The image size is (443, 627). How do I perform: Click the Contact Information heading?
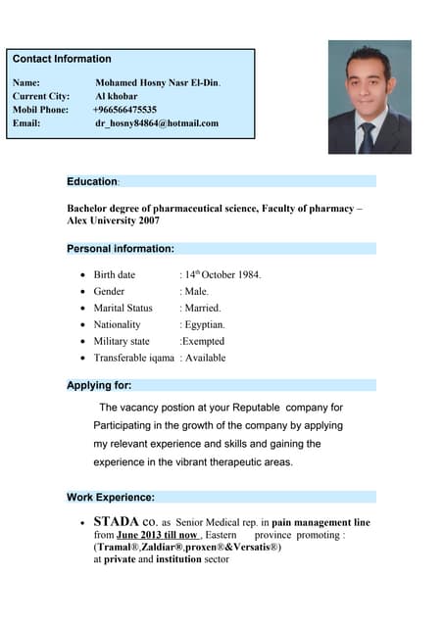point(62,60)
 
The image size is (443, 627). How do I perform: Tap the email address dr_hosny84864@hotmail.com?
point(157,124)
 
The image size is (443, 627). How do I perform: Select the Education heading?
point(92,182)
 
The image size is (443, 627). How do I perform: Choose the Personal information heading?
point(120,249)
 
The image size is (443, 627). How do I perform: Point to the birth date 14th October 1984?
point(222,274)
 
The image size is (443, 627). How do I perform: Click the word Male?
point(196,292)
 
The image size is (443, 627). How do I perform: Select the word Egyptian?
point(205,325)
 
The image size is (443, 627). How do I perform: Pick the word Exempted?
point(203,342)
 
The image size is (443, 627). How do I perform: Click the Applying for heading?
point(99,385)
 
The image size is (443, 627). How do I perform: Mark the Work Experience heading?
point(110,497)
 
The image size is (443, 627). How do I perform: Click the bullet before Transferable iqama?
point(82,359)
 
